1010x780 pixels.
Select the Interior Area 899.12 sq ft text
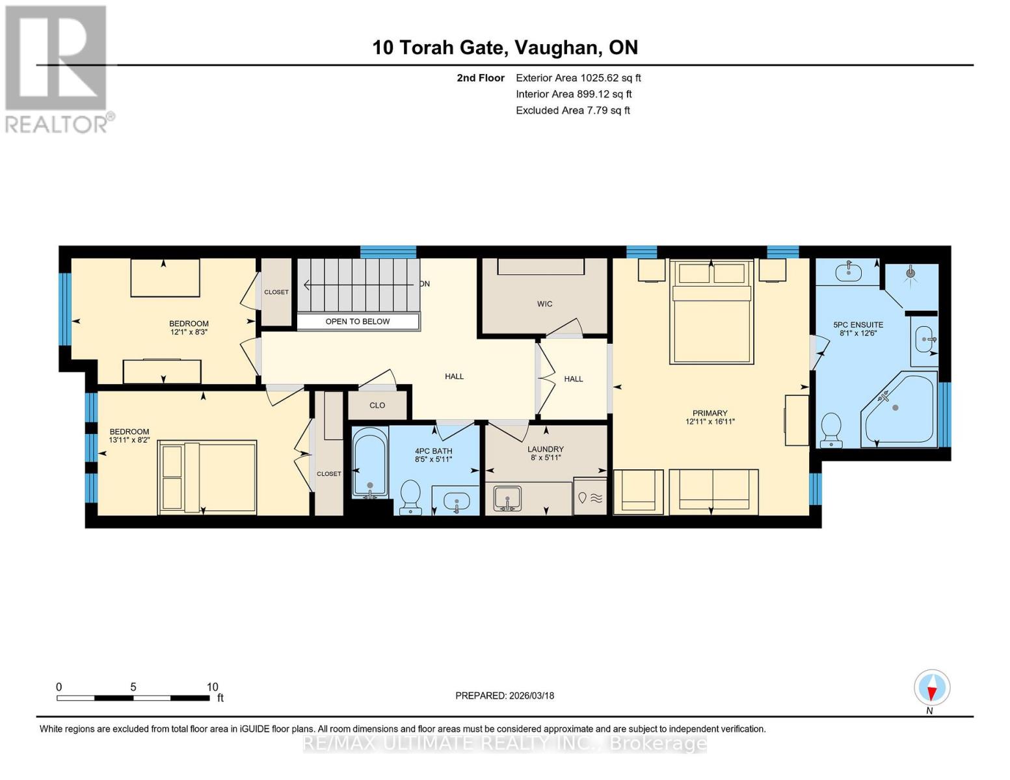tap(574, 94)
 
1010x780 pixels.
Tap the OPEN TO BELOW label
tap(358, 322)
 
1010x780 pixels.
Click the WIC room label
tap(544, 304)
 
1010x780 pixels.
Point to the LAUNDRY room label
tap(545, 449)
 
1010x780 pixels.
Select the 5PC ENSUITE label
tap(858, 325)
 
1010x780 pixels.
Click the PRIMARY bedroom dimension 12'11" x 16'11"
tap(710, 422)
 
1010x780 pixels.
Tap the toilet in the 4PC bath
tap(410, 497)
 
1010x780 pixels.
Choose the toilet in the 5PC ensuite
tap(831, 430)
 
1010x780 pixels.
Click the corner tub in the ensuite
tap(898, 411)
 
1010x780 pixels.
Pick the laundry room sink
tap(507, 499)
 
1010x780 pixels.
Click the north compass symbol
tap(932, 688)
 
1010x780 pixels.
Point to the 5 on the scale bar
tap(133, 687)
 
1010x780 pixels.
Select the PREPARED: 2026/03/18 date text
tap(505, 695)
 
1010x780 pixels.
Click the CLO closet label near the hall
tap(377, 406)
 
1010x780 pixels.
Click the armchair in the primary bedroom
tap(638, 491)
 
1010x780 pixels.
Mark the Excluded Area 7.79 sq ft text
tap(572, 110)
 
